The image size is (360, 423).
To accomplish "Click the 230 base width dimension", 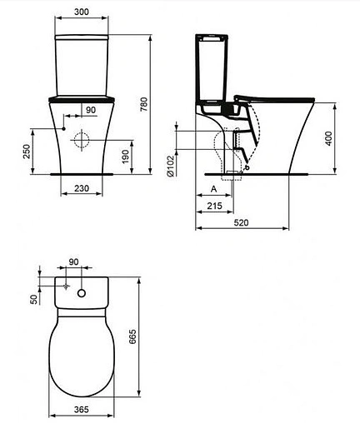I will [x=82, y=189].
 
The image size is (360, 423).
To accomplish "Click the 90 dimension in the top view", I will [x=73, y=262].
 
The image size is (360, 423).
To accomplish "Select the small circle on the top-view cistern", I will [x=82, y=293].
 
